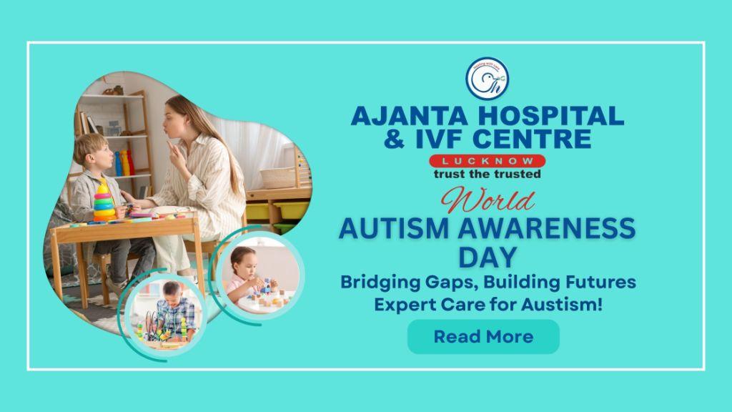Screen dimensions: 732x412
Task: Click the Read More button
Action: pyautogui.click(x=483, y=336)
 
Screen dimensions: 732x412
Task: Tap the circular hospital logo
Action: pyautogui.click(x=487, y=79)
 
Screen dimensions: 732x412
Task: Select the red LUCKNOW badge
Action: pyautogui.click(x=488, y=161)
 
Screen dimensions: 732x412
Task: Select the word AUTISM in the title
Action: pyautogui.click(x=394, y=228)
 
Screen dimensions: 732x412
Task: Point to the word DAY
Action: pyautogui.click(x=488, y=257)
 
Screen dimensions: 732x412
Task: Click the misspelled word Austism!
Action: pyautogui.click(x=562, y=305)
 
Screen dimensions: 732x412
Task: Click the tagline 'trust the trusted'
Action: pyautogui.click(x=488, y=175)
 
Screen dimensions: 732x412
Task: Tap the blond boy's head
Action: pyautogui.click(x=92, y=150)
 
